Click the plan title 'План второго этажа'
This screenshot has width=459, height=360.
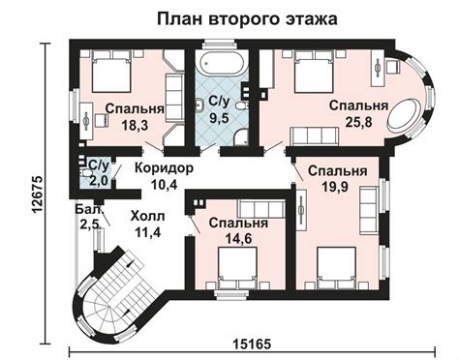tap(247, 19)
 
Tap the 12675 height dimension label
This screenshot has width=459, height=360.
tap(38, 194)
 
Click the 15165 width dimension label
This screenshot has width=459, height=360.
tap(252, 345)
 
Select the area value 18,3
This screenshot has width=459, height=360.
tap(135, 125)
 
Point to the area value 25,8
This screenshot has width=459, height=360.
tap(358, 122)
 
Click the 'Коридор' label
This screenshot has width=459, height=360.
tap(164, 168)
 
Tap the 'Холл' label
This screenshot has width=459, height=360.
tap(147, 216)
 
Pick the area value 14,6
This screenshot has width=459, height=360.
tap(239, 239)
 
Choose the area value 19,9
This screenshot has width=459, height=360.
tap(335, 187)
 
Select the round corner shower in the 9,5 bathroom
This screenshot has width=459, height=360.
tap(240, 136)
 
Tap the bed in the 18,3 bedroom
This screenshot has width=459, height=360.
tap(111, 72)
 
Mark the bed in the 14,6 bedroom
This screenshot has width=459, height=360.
tap(238, 267)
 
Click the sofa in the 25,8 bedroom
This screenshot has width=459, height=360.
tap(315, 136)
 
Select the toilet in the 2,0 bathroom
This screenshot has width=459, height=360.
tap(85, 173)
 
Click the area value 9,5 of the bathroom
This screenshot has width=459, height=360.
tap(219, 118)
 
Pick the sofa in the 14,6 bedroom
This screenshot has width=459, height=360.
tap(261, 208)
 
